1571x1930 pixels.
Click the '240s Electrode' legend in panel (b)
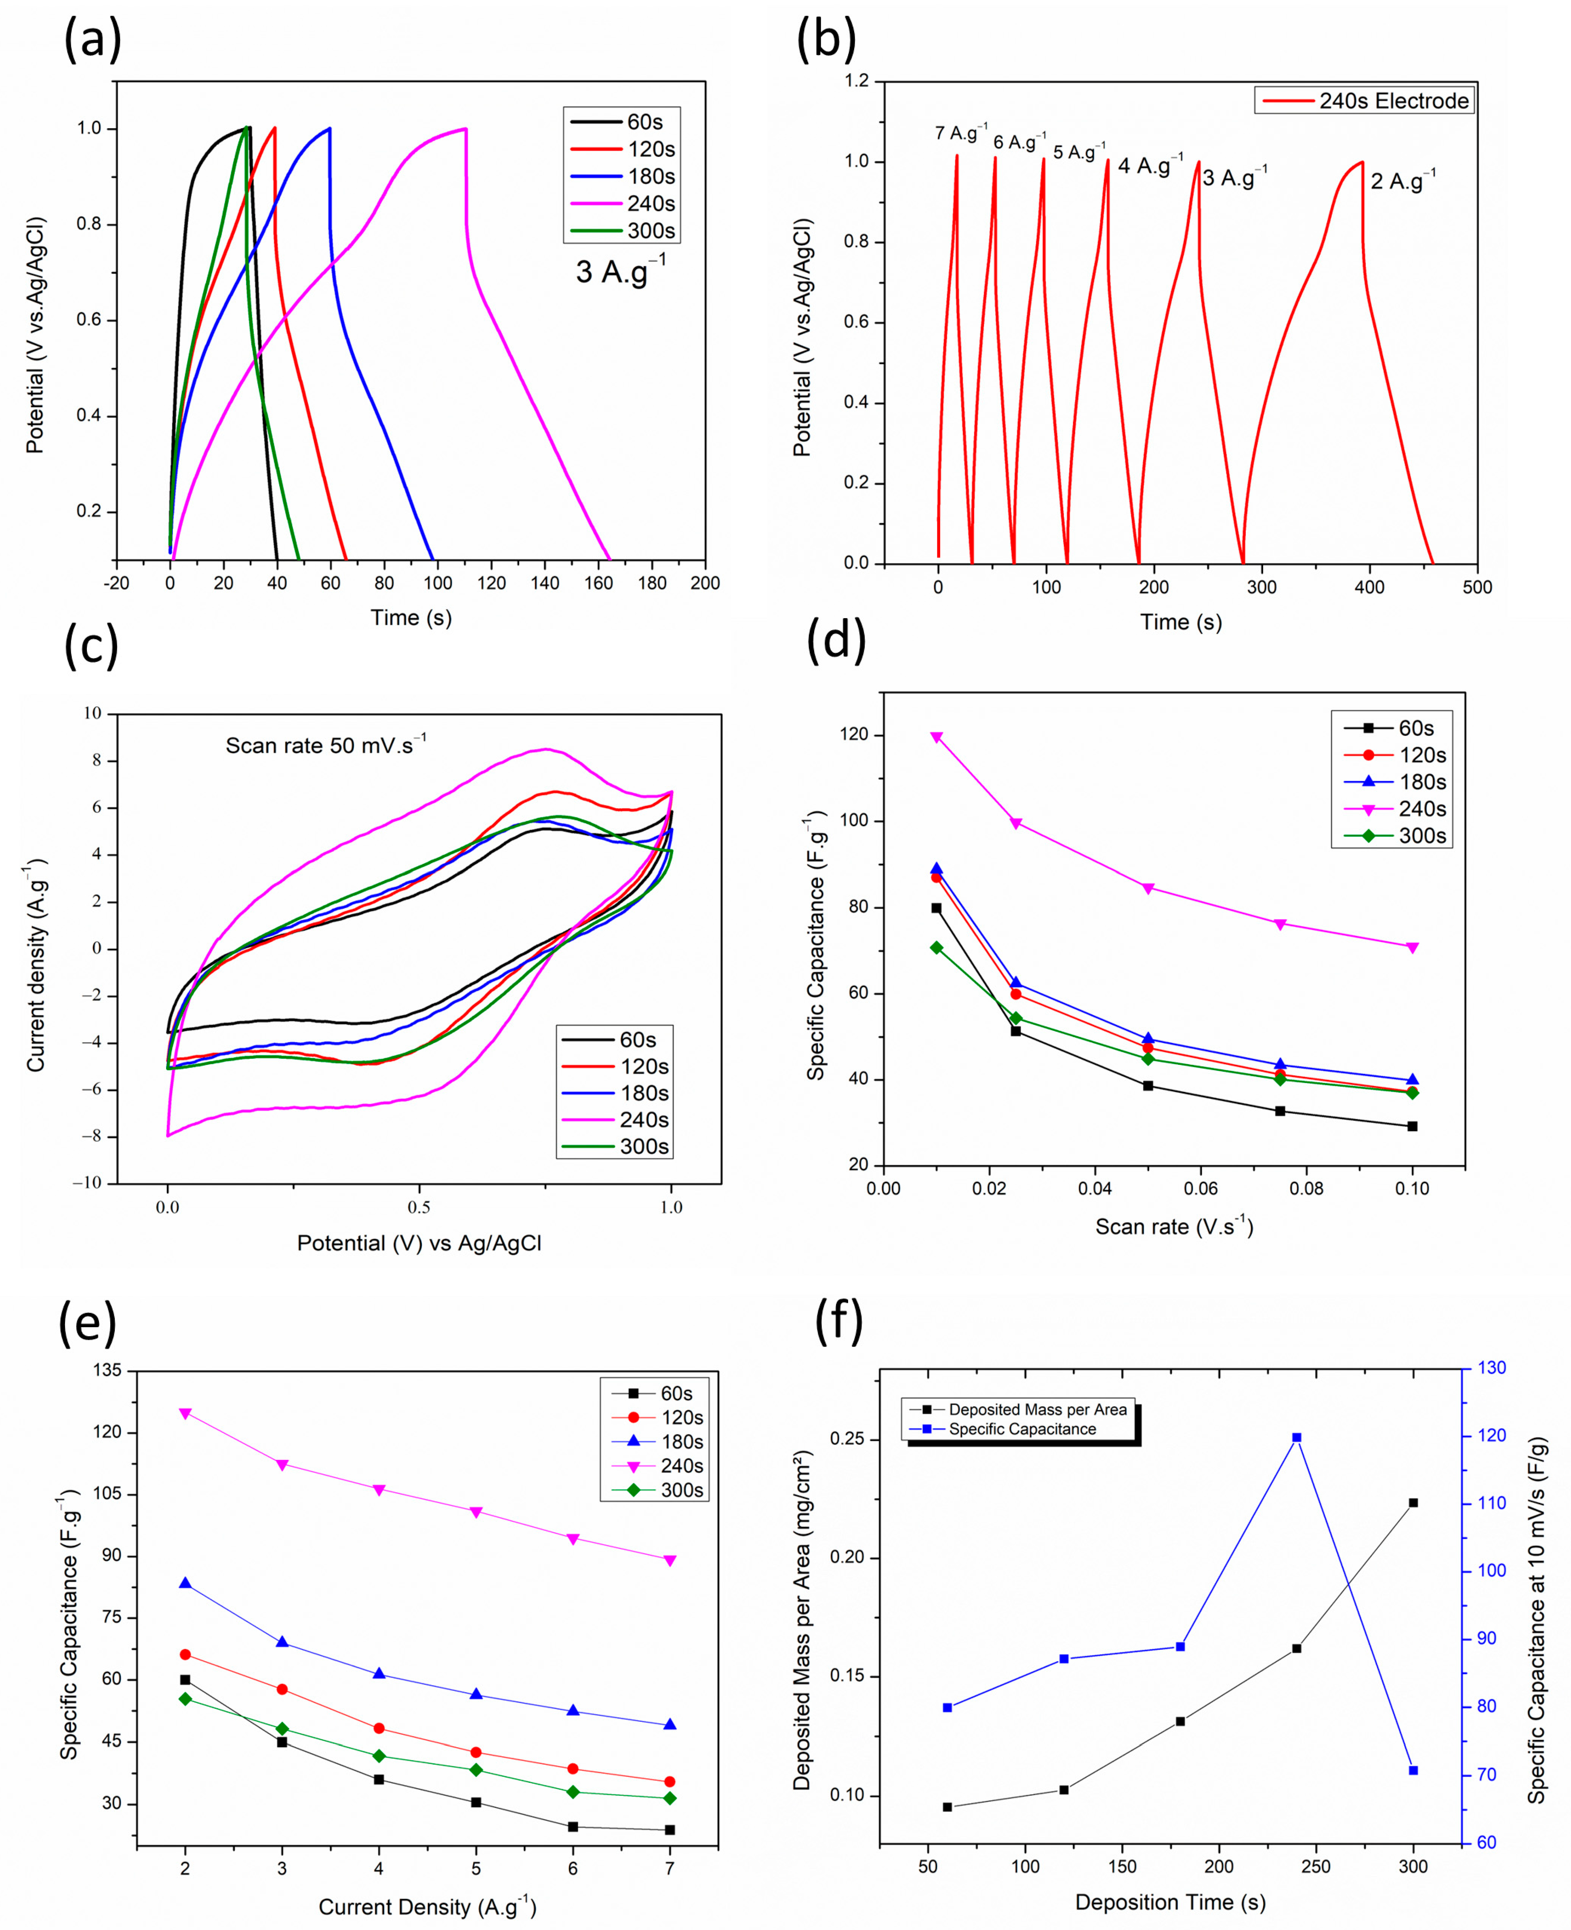pyautogui.click(x=1364, y=101)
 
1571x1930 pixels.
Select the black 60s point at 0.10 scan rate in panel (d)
pyautogui.click(x=1412, y=1126)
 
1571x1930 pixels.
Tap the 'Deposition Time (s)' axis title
pyautogui.click(x=1170, y=1902)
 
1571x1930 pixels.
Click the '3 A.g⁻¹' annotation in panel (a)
pyautogui.click(x=621, y=271)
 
